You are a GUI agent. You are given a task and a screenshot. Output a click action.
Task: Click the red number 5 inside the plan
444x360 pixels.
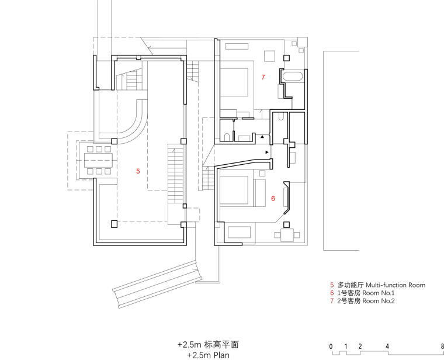coord(138,171)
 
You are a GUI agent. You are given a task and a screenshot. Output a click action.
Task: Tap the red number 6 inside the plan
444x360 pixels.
coord(273,199)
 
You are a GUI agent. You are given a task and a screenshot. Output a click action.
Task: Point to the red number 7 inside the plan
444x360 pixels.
coord(263,77)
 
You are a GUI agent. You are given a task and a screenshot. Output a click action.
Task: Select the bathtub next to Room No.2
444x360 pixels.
coord(292,76)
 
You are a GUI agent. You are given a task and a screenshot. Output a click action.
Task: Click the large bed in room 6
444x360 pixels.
coord(240,189)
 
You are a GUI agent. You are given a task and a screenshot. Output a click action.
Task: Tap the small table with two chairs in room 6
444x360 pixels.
coord(287,235)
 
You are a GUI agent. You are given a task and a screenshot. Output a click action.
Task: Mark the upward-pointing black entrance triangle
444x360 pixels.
coord(263,137)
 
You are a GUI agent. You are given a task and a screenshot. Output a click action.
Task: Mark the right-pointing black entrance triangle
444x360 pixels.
coord(267,152)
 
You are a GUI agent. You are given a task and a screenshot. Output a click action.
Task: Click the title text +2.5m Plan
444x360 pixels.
coord(208,354)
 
